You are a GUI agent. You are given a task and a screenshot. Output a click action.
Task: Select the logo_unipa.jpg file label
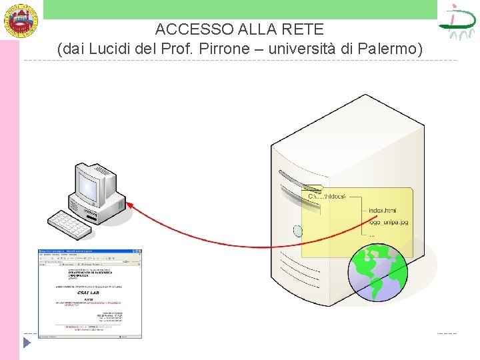(x=389, y=222)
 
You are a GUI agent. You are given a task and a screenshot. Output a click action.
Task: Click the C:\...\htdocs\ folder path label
(x=327, y=196)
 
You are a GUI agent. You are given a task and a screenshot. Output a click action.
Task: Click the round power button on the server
(x=298, y=231)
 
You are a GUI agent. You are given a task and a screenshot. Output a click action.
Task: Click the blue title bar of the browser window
(x=90, y=252)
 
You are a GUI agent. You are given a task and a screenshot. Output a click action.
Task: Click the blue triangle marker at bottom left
(x=27, y=343)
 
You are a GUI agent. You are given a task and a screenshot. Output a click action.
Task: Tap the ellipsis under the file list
(x=372, y=235)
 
